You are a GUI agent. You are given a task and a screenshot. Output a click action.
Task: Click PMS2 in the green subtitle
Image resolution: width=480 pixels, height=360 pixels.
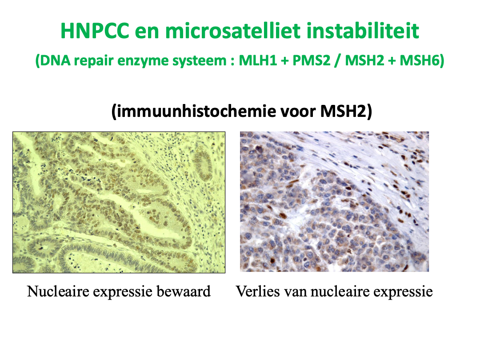pos(312,60)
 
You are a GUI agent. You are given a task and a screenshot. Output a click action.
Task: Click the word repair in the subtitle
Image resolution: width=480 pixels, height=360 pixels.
pos(94,60)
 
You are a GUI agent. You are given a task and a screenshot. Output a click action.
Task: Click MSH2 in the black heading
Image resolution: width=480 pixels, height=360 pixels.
pos(343,111)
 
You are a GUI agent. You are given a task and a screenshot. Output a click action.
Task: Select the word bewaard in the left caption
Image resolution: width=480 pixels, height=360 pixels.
pos(184,291)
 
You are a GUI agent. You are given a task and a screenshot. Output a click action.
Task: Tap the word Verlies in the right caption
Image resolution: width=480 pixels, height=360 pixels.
pos(258,291)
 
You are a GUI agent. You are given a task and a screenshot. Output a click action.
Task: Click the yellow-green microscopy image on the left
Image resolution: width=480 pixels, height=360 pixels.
pos(119,202)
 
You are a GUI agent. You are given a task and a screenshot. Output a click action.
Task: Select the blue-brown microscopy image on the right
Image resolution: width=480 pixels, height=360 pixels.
pos(334,202)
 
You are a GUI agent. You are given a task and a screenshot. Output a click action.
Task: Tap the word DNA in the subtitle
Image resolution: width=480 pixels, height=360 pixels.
pos(56,60)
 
